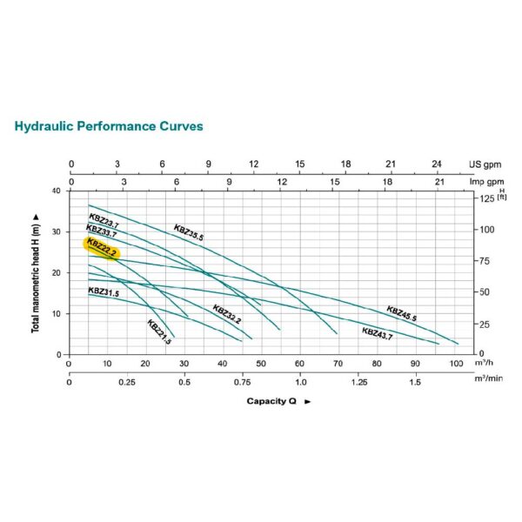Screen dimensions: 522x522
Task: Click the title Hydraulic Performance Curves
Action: [x=109, y=126]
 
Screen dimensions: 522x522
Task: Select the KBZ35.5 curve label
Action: [x=189, y=231]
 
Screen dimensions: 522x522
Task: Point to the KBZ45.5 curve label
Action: [x=402, y=313]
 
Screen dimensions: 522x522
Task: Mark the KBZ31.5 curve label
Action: [x=104, y=292]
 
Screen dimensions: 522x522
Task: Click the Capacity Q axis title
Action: [x=273, y=401]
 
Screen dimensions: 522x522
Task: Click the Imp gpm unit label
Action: [x=485, y=181]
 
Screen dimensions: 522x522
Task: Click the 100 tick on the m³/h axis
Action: [x=455, y=363]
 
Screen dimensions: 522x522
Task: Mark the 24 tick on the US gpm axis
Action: [x=438, y=164]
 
